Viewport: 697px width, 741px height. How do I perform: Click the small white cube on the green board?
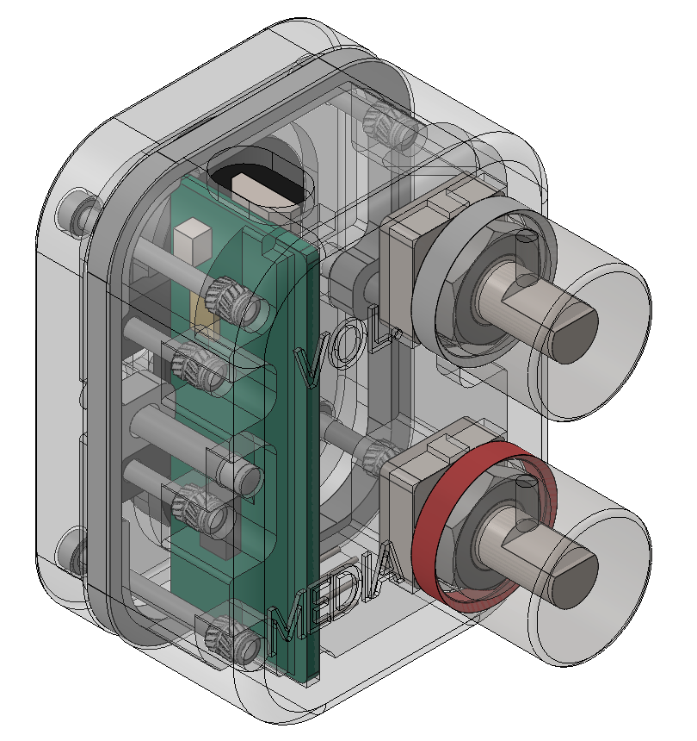pyautogui.click(x=191, y=240)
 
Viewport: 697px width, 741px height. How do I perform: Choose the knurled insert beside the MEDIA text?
pyautogui.click(x=231, y=638)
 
